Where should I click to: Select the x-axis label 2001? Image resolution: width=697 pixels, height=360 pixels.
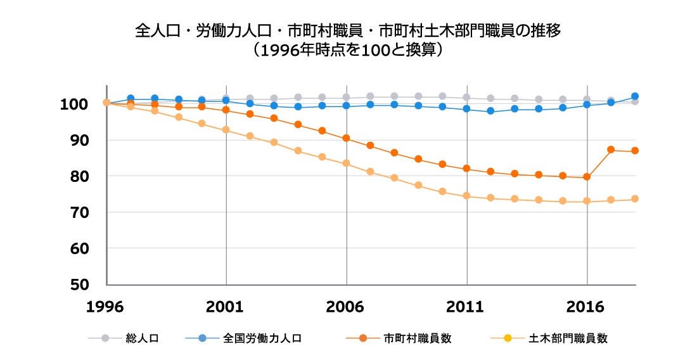[226, 307]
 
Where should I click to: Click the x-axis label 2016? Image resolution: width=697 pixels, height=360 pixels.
[587, 307]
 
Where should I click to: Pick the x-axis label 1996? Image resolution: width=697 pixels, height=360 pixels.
[105, 307]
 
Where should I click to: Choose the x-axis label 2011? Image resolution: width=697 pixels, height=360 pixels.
[466, 307]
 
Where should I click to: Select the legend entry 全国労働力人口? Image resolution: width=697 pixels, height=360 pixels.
[262, 338]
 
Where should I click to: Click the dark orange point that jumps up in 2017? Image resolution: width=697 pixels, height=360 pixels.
[611, 150]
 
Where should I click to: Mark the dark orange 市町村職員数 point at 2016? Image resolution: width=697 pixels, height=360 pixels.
[587, 177]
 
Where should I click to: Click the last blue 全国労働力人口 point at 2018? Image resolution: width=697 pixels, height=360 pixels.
[635, 96]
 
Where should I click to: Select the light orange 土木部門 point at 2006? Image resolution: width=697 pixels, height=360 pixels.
[346, 163]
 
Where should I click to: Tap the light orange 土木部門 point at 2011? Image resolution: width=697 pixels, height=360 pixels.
[466, 196]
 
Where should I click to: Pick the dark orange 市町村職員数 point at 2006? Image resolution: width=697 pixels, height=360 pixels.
[346, 138]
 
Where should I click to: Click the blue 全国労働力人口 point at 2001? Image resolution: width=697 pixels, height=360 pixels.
[226, 100]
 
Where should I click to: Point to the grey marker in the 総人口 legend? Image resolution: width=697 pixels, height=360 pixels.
[105, 338]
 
